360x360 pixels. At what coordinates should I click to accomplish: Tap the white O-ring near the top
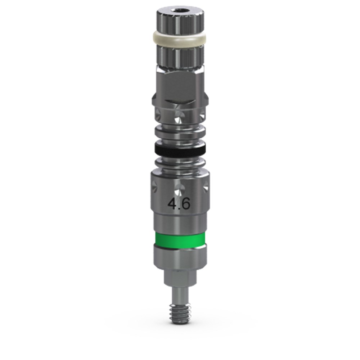180,39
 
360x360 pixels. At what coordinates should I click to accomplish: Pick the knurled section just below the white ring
180,55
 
